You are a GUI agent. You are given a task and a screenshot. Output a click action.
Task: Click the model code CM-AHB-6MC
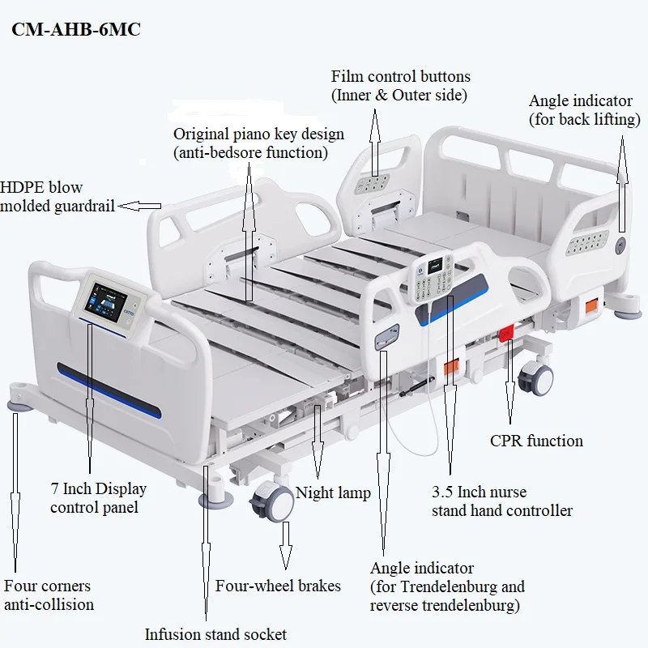(x=75, y=30)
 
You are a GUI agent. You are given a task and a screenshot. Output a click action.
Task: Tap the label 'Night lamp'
(x=333, y=492)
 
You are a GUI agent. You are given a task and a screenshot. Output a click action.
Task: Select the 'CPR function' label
(x=536, y=441)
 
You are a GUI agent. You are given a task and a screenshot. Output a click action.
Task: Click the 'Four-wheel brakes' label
(x=278, y=586)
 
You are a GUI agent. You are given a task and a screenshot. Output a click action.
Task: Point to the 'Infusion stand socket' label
(x=215, y=634)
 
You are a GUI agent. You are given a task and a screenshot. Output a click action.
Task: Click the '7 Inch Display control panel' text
(x=98, y=498)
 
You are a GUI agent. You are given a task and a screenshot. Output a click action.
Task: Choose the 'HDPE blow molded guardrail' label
(x=57, y=197)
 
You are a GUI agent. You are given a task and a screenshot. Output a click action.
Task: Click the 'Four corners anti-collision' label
(x=49, y=595)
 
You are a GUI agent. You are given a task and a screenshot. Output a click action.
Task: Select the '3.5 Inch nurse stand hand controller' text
(x=501, y=501)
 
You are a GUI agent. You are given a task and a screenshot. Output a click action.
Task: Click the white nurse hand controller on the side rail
(x=436, y=280)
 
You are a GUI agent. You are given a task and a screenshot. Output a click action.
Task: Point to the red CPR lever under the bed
(x=507, y=332)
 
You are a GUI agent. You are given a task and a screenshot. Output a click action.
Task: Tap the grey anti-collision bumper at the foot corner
(x=18, y=402)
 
